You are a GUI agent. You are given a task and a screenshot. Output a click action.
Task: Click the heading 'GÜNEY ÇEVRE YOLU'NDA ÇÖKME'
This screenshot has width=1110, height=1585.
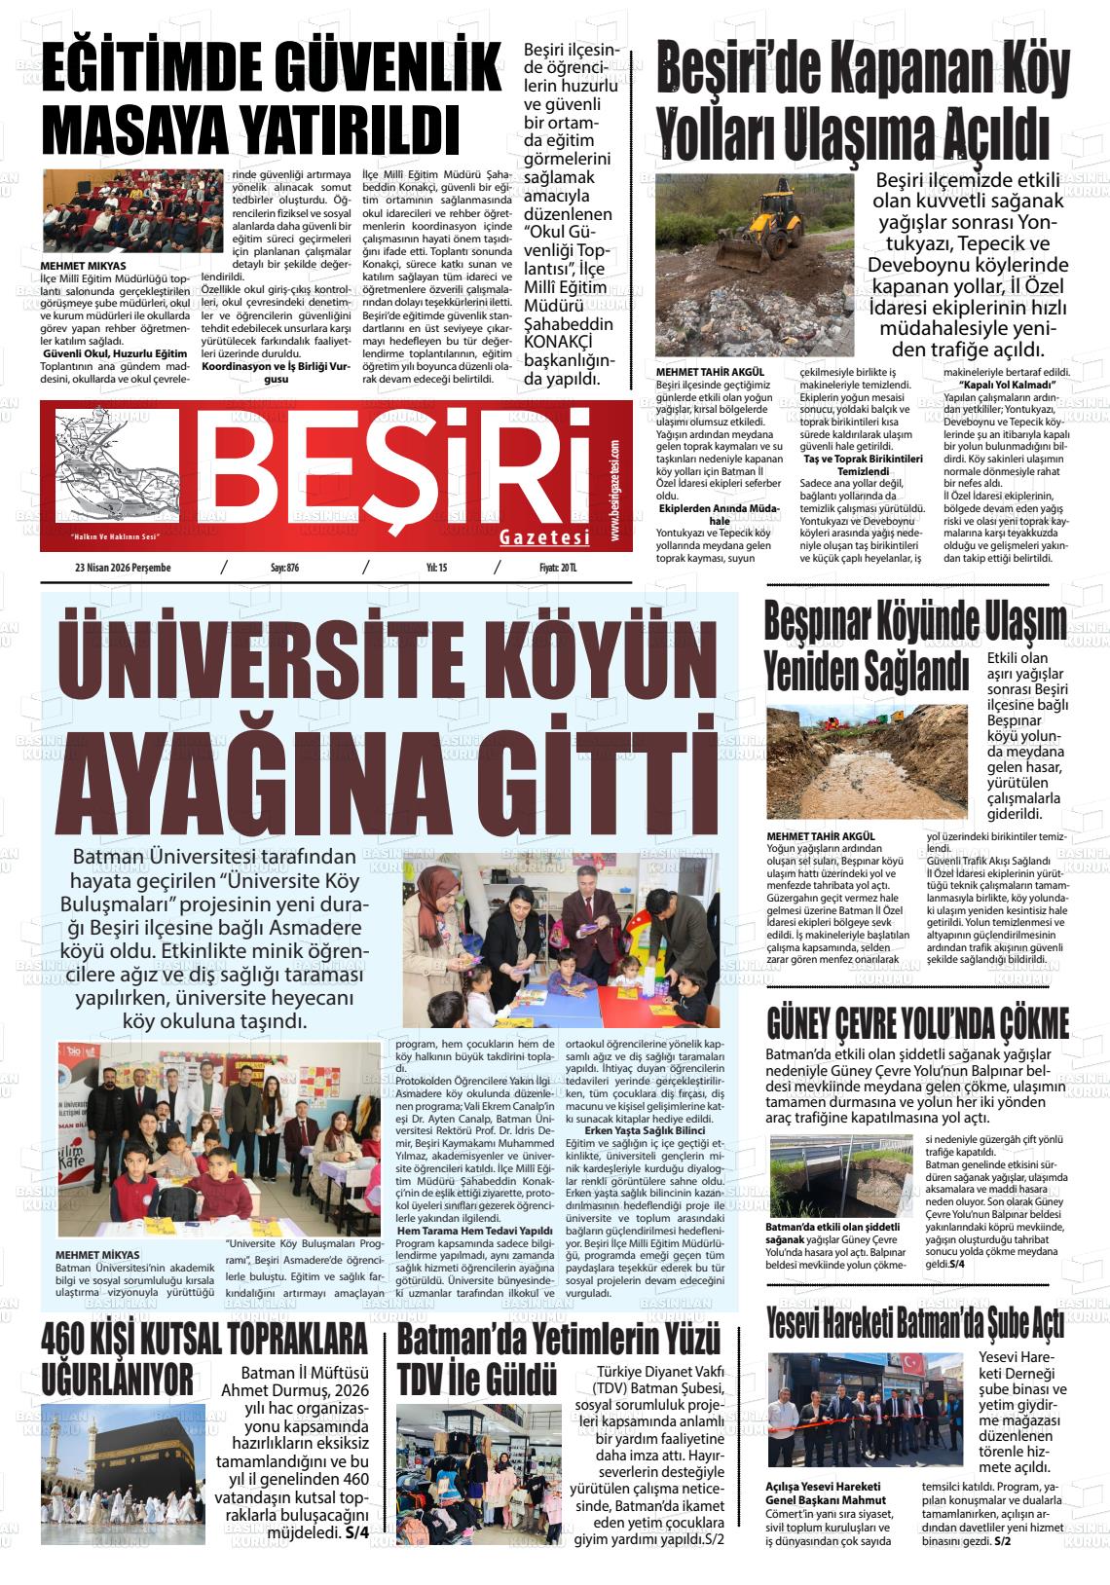[x=918, y=1024]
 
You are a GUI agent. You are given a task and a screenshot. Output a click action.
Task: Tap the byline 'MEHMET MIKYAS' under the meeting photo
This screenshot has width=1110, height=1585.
[x=83, y=265]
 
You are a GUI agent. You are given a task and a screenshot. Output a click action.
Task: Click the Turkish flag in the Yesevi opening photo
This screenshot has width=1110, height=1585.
[x=911, y=1363]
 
